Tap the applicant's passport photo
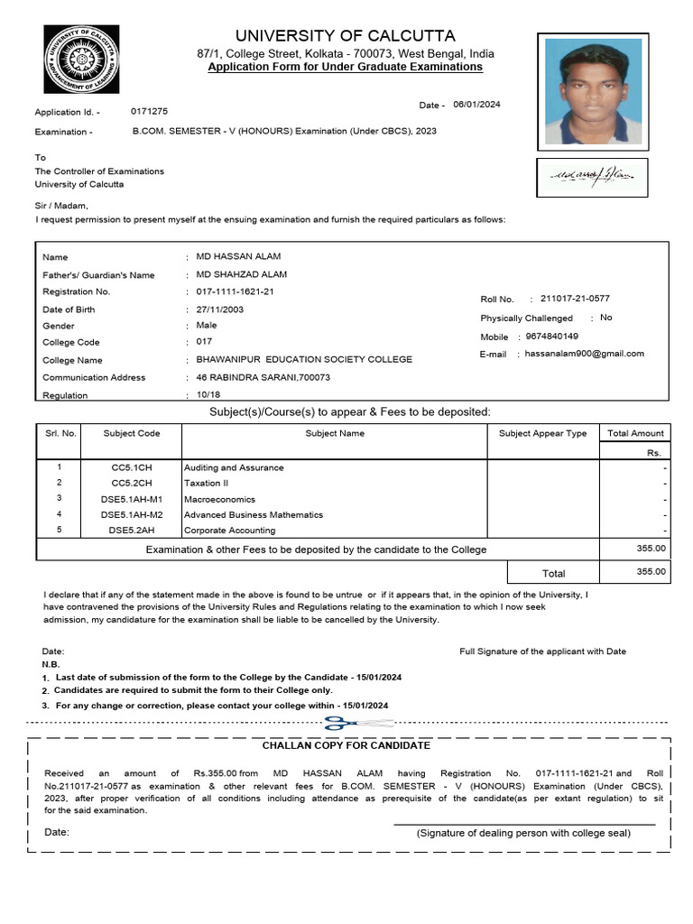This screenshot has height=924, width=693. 593,91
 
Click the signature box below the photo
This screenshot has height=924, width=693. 592,178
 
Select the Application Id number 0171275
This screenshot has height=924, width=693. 149,112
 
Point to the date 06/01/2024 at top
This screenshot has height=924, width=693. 476,105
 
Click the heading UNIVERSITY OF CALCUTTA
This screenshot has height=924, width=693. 346,36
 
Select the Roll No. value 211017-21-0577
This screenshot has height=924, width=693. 580,299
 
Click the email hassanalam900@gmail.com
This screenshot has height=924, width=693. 585,354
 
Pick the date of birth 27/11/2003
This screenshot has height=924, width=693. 219,309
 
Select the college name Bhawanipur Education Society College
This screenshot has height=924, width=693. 303,359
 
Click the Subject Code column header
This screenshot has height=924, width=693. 132,433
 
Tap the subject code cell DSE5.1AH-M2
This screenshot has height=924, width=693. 132,515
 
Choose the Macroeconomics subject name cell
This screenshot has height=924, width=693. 219,499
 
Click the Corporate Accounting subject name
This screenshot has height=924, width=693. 229,531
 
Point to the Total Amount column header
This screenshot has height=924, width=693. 635,433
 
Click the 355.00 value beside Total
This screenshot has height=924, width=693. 651,571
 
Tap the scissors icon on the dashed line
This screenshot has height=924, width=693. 346,723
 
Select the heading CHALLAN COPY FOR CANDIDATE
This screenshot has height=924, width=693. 346,745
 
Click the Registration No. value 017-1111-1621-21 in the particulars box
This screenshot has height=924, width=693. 235,291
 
